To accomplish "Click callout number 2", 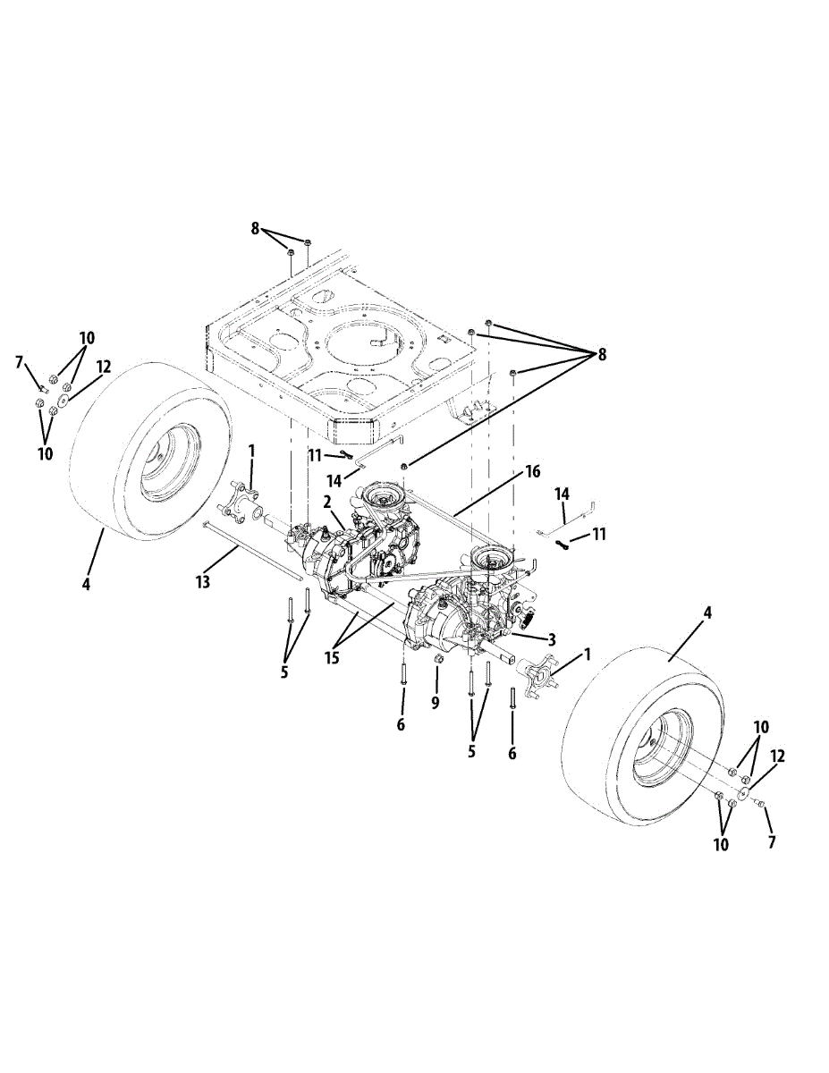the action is tap(328, 502).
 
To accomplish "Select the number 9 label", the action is tap(436, 703).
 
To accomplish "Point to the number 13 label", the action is tap(203, 582).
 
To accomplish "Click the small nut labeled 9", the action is tap(439, 659).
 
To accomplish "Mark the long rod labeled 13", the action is tap(250, 546).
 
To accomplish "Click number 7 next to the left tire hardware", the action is tap(19, 361).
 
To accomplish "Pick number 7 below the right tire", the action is tap(771, 841).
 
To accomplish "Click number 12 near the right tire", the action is tap(777, 756).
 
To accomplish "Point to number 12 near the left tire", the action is tap(105, 367).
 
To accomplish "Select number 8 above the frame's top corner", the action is tap(255, 229).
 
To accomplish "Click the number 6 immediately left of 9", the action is tap(401, 724).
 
